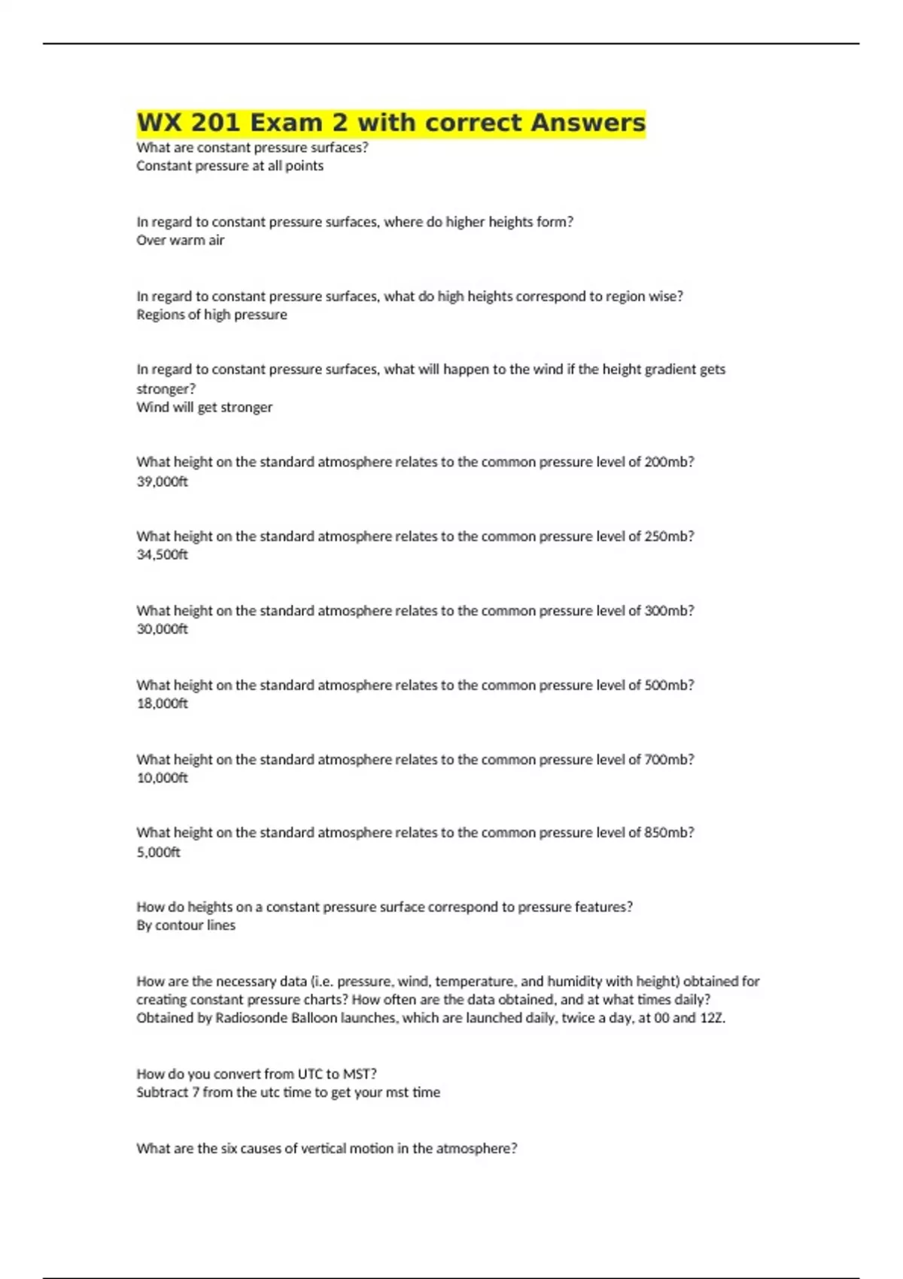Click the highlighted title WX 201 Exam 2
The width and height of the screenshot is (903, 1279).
[391, 123]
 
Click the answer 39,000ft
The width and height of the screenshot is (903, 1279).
[162, 482]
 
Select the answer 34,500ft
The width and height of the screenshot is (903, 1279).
[162, 554]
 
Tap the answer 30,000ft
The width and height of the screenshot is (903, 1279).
[162, 629]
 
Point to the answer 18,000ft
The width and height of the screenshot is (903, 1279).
[162, 703]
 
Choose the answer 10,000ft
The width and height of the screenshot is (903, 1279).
[162, 778]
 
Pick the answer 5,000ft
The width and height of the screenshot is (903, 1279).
[158, 852]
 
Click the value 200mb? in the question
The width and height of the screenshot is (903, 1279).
[669, 462]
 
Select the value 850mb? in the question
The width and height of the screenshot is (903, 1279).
[669, 833]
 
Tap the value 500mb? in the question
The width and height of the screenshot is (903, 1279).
[669, 685]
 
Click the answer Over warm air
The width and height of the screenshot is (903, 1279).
[180, 241]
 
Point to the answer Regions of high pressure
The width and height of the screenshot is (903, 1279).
[211, 314]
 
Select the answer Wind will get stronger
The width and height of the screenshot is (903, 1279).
[204, 407]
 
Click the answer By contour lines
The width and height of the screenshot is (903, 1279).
[186, 925]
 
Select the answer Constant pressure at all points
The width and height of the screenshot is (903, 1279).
[230, 166]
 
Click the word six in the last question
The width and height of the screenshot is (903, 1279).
[229, 1149]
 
